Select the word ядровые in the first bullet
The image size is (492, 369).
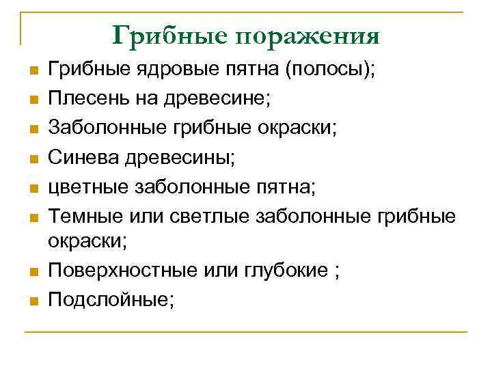click(x=165, y=69)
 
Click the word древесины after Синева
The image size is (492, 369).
click(x=179, y=157)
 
